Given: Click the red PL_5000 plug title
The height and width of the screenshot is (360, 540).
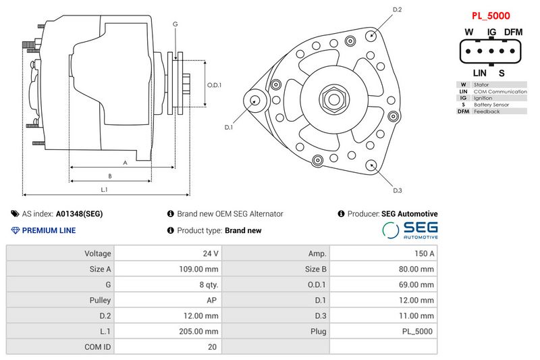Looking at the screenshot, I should click(490, 15).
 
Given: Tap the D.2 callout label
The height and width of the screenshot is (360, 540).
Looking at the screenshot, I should click(398, 9).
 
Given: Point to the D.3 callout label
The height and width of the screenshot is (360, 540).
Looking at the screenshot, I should click(397, 190).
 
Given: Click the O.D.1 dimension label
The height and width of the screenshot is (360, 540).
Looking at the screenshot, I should click(214, 85).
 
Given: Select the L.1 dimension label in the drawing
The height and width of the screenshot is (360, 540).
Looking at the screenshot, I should click(105, 190).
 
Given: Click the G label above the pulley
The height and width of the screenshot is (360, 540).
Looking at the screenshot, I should click(175, 24).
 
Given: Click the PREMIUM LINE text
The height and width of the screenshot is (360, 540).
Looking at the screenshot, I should click(49, 230).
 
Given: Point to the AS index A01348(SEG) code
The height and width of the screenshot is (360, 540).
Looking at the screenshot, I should click(79, 214).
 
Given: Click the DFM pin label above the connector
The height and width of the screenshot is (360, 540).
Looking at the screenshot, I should click(514, 32).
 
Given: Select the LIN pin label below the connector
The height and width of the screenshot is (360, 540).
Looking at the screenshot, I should click(479, 73).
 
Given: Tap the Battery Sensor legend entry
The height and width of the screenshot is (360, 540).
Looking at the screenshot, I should click(491, 105).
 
